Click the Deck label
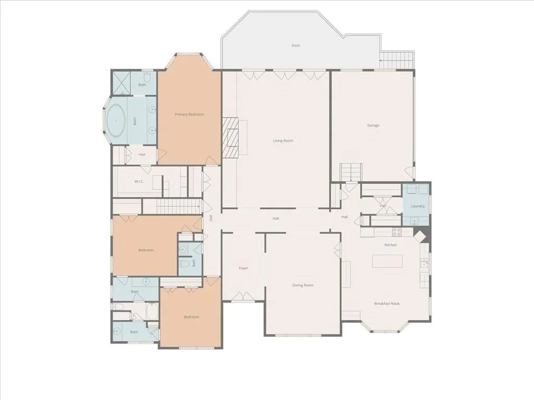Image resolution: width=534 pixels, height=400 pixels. (x=296, y=45)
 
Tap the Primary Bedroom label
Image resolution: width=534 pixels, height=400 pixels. (x=189, y=114)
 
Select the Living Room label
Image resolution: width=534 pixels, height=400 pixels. (x=283, y=141)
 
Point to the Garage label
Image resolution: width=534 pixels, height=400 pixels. (x=373, y=125)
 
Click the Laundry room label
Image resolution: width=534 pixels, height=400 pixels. (x=418, y=206)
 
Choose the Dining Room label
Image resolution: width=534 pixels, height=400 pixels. (x=303, y=285)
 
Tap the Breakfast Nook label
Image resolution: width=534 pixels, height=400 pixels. (x=387, y=304)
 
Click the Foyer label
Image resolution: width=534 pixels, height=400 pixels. (x=243, y=268)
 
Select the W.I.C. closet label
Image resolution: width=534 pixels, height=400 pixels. (x=139, y=181)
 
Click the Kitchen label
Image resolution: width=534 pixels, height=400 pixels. (x=391, y=245)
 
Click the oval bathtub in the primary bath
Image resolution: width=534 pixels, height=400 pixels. (x=115, y=121)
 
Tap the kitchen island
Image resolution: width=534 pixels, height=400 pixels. (x=387, y=261)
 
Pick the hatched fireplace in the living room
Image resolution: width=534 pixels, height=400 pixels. (x=230, y=137)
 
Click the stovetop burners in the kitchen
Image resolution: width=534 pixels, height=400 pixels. (x=397, y=232)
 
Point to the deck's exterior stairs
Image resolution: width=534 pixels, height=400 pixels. (x=396, y=60)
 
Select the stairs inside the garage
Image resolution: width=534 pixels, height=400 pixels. (x=351, y=172)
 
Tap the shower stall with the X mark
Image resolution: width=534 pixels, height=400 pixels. (x=120, y=83)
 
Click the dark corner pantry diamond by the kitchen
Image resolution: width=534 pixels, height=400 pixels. (x=421, y=236)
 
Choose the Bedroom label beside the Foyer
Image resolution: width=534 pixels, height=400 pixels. (x=191, y=317)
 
